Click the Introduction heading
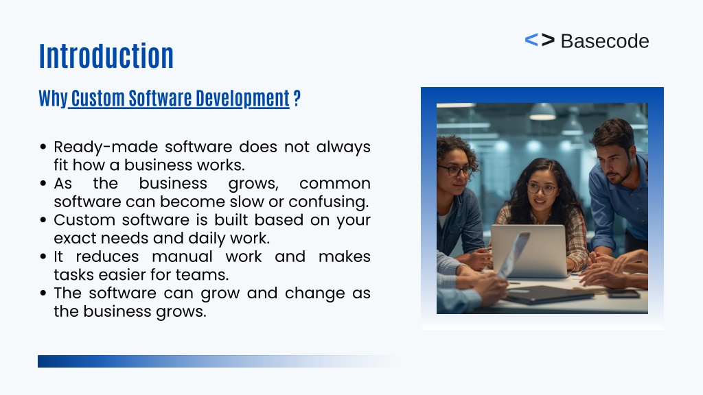tap(106, 56)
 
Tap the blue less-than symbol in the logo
tap(531, 40)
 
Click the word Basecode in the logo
tap(605, 41)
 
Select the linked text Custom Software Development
tap(181, 98)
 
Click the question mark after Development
tap(297, 98)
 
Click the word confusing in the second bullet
tap(328, 202)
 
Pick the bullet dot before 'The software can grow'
tap(43, 294)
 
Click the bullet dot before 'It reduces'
tap(43, 256)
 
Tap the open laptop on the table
tap(529, 251)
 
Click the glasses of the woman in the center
tap(542, 189)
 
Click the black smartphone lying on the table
tap(623, 294)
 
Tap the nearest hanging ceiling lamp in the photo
tap(542, 112)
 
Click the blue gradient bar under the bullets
tap(217, 361)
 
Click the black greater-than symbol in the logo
tap(548, 40)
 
